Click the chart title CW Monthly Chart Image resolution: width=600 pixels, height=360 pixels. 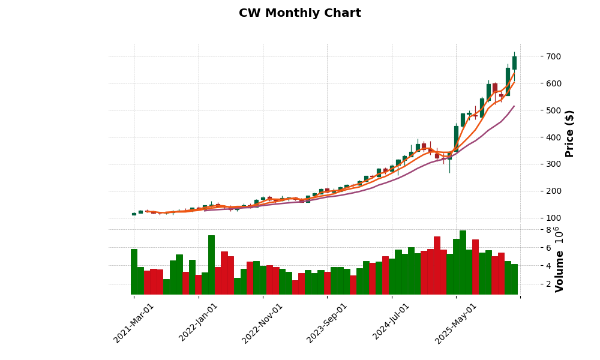pyautogui.click(x=300, y=13)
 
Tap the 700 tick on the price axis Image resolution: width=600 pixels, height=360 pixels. pyautogui.click(x=537, y=56)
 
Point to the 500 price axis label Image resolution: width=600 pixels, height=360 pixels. pyautogui.click(x=537, y=110)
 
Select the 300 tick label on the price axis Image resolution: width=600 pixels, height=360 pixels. pyautogui.click(x=537, y=164)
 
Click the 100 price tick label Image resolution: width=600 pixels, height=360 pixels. pyautogui.click(x=537, y=218)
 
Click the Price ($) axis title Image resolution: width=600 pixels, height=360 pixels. pyautogui.click(x=570, y=133)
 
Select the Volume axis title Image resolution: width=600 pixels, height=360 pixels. pyautogui.click(x=560, y=271)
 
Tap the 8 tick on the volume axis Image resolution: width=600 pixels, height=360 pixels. pyautogui.click(x=532, y=230)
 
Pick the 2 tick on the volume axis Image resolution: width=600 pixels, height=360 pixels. pyautogui.click(x=532, y=284)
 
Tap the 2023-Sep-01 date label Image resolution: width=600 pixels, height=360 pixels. pyautogui.click(x=328, y=323)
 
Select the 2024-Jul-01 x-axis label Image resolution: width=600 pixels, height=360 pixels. pyautogui.click(x=392, y=323)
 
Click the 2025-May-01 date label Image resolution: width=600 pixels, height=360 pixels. pyautogui.click(x=456, y=323)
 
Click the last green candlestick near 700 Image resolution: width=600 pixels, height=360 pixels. pyautogui.click(x=514, y=63)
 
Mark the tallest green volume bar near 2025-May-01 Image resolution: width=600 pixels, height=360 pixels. pyautogui.click(x=463, y=262)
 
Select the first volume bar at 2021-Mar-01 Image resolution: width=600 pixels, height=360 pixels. pyautogui.click(x=134, y=271)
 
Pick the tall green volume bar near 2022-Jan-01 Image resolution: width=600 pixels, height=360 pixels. pyautogui.click(x=211, y=265)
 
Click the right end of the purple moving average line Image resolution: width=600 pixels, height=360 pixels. pyautogui.click(x=514, y=106)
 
